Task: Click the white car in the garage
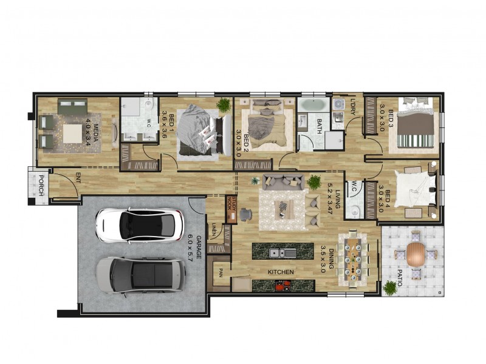click(x=140, y=225)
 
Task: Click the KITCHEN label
click(x=281, y=272)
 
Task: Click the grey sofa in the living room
click(x=284, y=181)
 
